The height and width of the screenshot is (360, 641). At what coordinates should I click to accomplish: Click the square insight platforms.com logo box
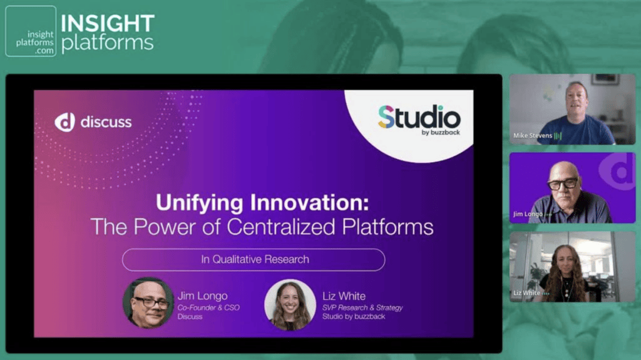31,31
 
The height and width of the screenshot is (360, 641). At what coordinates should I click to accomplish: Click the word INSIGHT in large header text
108,23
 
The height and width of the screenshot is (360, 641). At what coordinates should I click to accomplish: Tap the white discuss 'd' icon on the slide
64,122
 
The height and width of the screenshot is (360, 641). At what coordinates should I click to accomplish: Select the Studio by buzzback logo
419,120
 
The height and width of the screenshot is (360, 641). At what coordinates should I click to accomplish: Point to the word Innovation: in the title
309,202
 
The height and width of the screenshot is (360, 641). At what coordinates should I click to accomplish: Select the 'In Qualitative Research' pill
254,259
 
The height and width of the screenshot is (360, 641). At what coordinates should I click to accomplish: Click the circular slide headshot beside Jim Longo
148,303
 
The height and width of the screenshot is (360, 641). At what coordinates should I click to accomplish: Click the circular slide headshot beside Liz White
290,304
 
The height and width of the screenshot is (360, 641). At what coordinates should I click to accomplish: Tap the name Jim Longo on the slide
202,296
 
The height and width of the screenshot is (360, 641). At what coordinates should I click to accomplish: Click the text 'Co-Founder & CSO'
208,307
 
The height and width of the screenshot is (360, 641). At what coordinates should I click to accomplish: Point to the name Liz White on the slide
344,296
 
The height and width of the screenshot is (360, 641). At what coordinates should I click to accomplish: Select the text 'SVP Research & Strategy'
362,307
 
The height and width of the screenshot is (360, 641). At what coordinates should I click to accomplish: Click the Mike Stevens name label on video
533,135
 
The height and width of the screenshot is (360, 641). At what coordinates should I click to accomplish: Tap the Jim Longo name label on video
528,214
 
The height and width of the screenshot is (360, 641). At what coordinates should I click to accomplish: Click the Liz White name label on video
527,293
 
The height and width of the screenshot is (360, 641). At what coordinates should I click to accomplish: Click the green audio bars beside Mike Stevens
558,135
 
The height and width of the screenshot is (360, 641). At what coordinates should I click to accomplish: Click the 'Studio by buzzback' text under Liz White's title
354,317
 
